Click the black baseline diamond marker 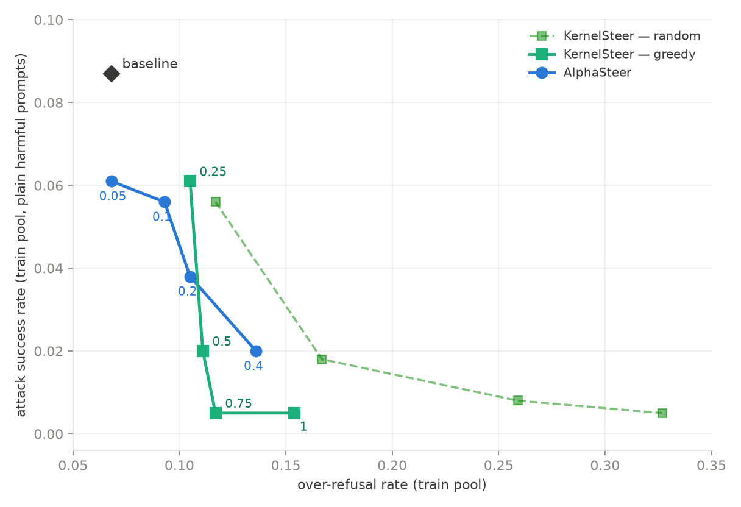[112, 73]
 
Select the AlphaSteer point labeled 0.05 [112, 181]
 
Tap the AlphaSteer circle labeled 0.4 [256, 351]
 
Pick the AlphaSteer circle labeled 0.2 [190, 277]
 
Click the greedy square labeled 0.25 [190, 181]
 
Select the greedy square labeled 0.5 [203, 351]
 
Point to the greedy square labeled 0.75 [216, 413]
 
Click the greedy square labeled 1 [294, 413]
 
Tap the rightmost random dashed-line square [662, 413]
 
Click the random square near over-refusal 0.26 [518, 400]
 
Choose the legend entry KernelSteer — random [615, 36]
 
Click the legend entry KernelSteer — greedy [612, 54]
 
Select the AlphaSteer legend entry [580, 73]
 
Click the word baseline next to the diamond [150, 63]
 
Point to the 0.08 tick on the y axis [48, 103]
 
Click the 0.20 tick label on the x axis [392, 466]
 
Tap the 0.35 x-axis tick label [711, 466]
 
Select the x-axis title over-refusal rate [392, 485]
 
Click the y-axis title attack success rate [21, 235]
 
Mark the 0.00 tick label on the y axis [48, 434]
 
